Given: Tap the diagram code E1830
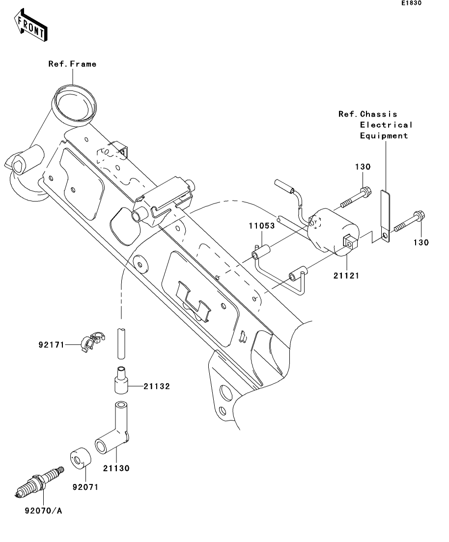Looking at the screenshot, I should (411, 3).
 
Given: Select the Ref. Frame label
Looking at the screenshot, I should (72, 64).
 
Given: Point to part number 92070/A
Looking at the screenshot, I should (44, 511).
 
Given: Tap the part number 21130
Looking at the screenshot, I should (116, 469).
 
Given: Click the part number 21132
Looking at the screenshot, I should (157, 387).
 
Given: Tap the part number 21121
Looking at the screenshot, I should (346, 276).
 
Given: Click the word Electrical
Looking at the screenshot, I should (386, 125).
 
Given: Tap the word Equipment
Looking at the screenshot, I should (384, 136).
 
